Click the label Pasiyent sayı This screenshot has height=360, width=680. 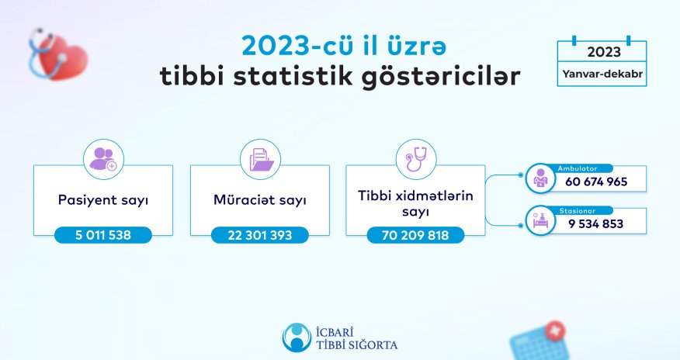[103, 200]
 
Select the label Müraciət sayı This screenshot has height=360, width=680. [260, 200]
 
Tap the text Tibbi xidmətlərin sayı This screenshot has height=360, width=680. [415, 204]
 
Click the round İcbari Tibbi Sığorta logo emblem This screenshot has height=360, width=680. [295, 336]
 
